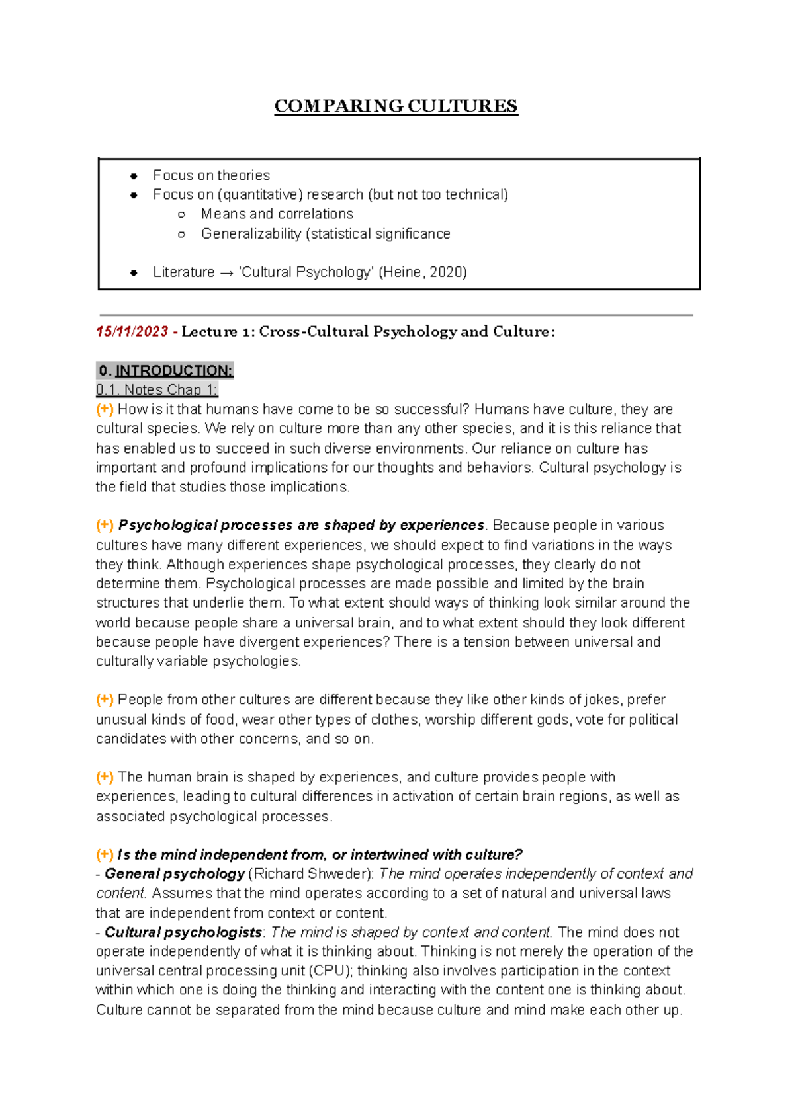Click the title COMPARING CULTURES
pyautogui.click(x=396, y=106)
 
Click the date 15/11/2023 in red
pyautogui.click(x=132, y=331)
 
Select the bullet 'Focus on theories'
pyautogui.click(x=211, y=175)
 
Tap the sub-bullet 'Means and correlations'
pyautogui.click(x=277, y=214)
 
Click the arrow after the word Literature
pyautogui.click(x=226, y=272)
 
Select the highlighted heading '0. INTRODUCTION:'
pyautogui.click(x=165, y=370)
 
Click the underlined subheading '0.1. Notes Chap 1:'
pyautogui.click(x=157, y=389)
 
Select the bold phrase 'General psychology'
pyautogui.click(x=175, y=873)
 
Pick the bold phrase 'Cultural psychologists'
pyautogui.click(x=183, y=932)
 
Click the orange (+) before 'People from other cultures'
pyautogui.click(x=105, y=700)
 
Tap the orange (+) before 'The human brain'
pyautogui.click(x=105, y=777)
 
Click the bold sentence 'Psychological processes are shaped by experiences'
pyautogui.click(x=301, y=525)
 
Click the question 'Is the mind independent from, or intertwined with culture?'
pyautogui.click(x=320, y=854)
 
